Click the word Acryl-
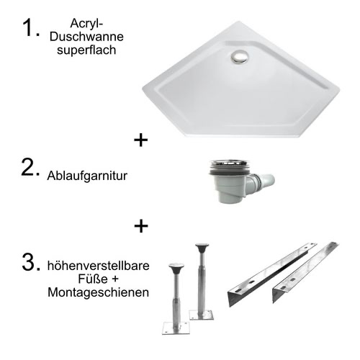pos(86,24)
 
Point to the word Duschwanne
pos(86,37)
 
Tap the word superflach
pos(86,50)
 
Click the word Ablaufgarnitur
pos(87,176)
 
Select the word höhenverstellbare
pos(99,266)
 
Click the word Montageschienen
pos(99,292)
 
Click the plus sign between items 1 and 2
pos(141,140)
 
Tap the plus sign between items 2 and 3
pos(141,226)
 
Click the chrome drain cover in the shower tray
pos(239,57)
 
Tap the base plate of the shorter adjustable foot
pos(176,328)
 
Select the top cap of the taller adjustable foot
pos(202,246)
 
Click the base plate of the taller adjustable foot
pos(202,315)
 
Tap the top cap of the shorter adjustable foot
pos(176,266)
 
